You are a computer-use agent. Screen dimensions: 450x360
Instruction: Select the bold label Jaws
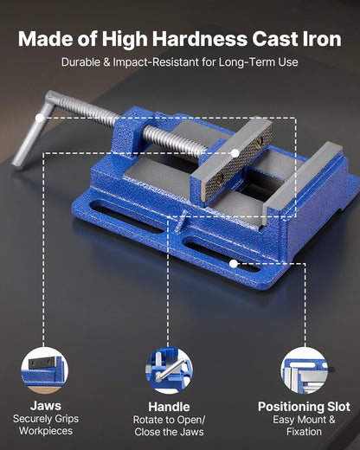pyautogui.click(x=44, y=405)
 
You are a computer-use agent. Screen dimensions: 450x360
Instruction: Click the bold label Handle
pyautogui.click(x=169, y=405)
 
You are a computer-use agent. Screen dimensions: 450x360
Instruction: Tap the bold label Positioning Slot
pyautogui.click(x=304, y=405)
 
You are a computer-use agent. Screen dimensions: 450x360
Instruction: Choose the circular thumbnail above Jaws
pyautogui.click(x=44, y=370)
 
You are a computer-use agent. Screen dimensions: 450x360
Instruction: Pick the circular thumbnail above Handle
pyautogui.click(x=169, y=370)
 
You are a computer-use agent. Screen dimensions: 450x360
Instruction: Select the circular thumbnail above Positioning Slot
pyautogui.click(x=304, y=370)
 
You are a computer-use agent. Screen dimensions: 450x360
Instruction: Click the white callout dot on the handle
pyautogui.click(x=40, y=117)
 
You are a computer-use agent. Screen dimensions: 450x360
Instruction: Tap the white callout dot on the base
pyautogui.click(x=233, y=261)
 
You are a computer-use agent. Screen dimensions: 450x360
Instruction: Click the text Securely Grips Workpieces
pyautogui.click(x=44, y=424)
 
